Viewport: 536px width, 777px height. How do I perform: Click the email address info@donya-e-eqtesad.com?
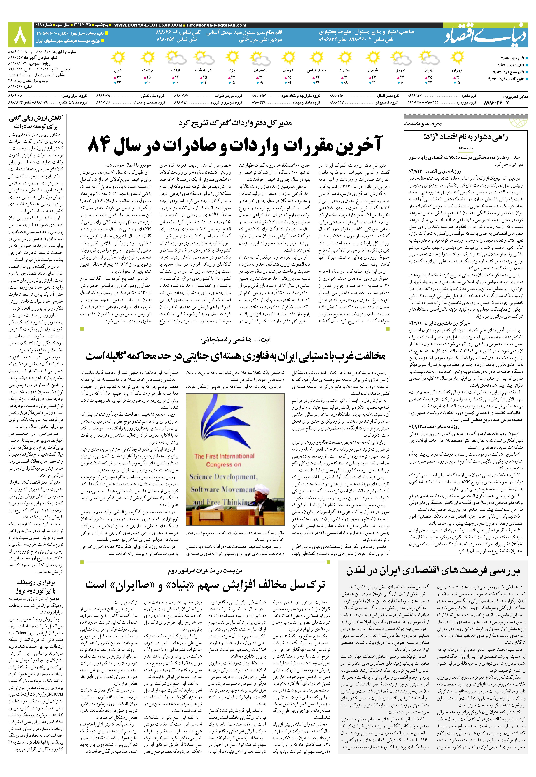tap(217, 25)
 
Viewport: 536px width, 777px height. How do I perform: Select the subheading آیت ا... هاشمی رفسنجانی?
tap(235, 340)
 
